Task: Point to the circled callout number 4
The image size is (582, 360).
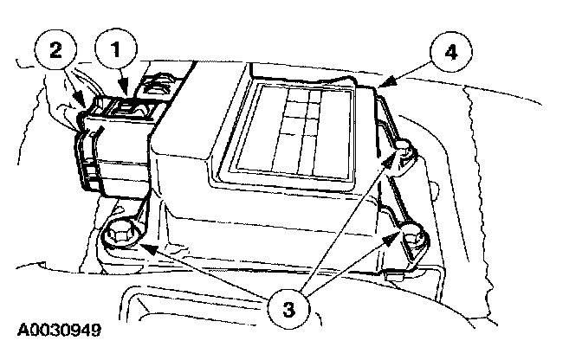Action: [450, 50]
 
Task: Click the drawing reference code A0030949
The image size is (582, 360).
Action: [59, 331]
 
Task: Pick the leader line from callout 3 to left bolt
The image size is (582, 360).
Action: [208, 272]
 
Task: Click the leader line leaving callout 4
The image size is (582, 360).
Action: [411, 70]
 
